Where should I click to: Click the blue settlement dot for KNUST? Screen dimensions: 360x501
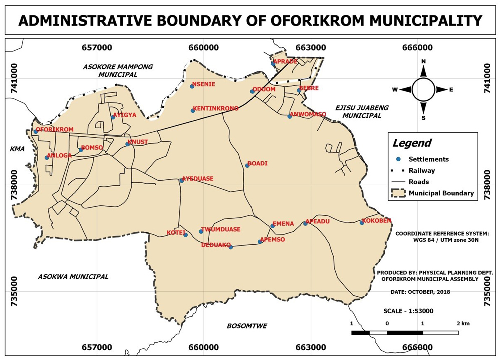[127, 144]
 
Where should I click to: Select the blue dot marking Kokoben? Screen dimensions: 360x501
[362, 222]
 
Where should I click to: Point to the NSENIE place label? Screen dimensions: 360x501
[204, 84]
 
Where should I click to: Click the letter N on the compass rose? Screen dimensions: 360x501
[423, 61]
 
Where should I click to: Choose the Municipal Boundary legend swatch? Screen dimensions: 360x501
[399, 193]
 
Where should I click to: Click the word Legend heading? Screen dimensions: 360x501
[411, 143]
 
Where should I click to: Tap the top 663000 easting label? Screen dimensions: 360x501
[310, 48]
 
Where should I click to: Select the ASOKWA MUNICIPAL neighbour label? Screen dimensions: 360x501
[73, 276]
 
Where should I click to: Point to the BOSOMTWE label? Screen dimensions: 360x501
[246, 326]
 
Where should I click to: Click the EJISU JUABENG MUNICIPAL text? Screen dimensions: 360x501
[358, 111]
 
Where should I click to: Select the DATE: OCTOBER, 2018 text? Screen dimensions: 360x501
[420, 292]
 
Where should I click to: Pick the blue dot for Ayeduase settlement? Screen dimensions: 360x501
[182, 181]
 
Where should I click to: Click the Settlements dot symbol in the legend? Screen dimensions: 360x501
[398, 159]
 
